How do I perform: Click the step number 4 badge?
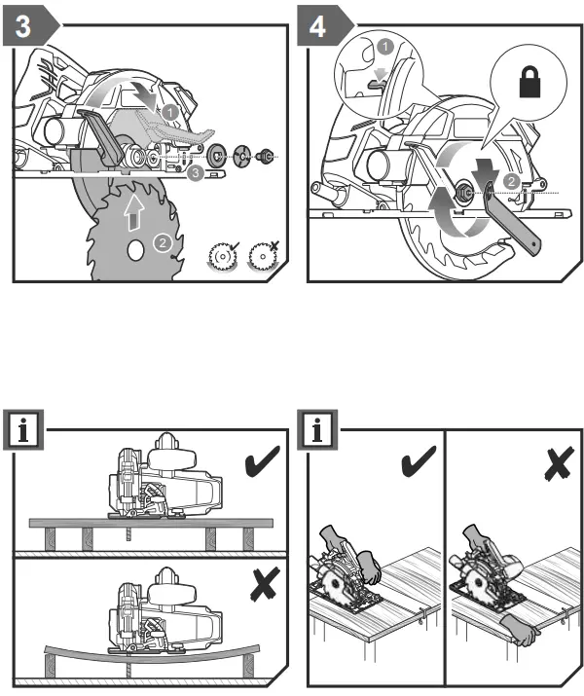(x=319, y=27)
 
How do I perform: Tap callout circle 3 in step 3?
(x=196, y=174)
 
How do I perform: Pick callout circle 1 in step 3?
(x=169, y=113)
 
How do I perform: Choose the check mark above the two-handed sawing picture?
(x=417, y=461)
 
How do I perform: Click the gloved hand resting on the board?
(x=527, y=634)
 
